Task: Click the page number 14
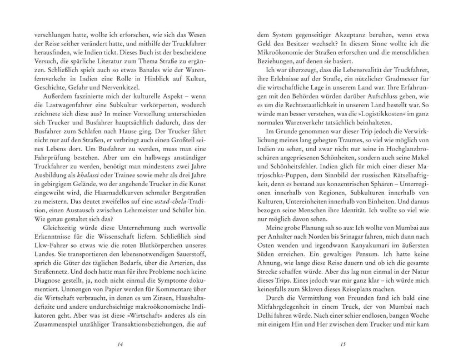coord(120,344)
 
